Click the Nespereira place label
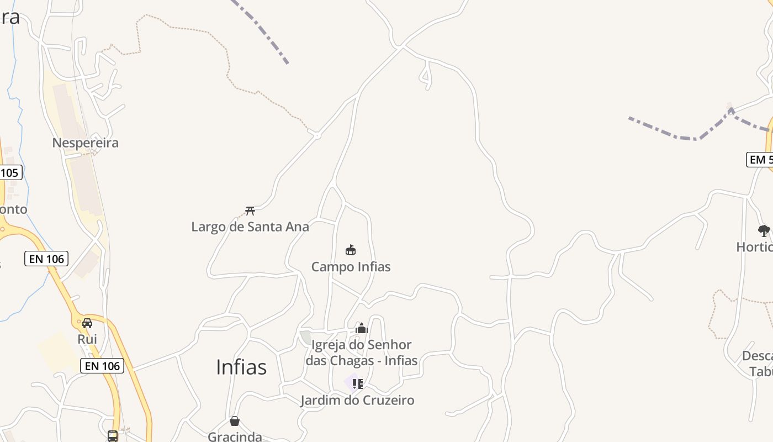[85, 143]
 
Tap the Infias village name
[241, 367]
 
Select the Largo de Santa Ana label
[250, 227]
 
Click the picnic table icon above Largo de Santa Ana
[250, 211]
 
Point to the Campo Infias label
[351, 267]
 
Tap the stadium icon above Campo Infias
[351, 250]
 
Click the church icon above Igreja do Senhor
[362, 329]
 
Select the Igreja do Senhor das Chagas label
[362, 352]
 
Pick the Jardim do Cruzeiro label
[357, 400]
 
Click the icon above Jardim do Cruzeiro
[357, 383]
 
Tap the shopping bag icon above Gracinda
[235, 421]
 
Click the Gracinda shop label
[235, 436]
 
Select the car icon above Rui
[87, 323]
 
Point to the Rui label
[87, 339]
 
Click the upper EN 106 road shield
[46, 259]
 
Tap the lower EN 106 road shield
[102, 366]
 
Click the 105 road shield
[9, 172]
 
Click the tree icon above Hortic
[764, 231]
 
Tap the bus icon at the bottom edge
[113, 436]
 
